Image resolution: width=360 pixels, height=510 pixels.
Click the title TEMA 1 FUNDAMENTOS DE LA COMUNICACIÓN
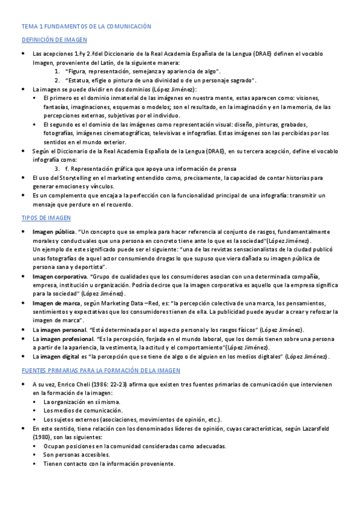coord(86,26)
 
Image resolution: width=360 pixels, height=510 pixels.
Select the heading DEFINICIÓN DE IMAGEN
coord(55,40)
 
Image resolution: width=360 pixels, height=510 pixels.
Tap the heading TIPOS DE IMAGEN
coord(46,218)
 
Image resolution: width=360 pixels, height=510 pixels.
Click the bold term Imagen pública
coord(53,232)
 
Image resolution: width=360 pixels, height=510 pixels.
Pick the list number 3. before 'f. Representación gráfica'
coord(57,169)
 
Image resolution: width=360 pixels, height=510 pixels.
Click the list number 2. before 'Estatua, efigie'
coord(57,80)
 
